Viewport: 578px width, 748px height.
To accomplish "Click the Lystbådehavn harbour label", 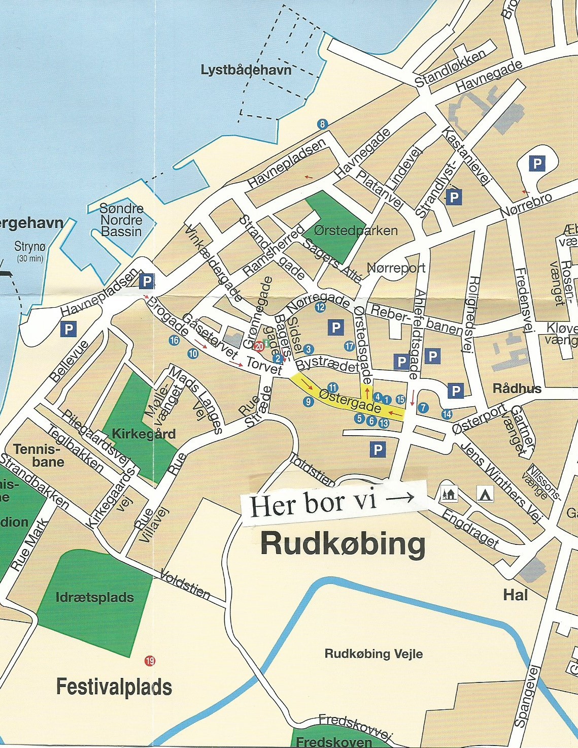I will click(x=246, y=70).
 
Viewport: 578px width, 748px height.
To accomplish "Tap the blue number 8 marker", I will click(x=322, y=124).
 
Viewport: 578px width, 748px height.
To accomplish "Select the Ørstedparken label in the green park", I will click(x=355, y=231).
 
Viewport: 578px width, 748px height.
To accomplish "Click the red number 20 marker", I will click(x=259, y=347).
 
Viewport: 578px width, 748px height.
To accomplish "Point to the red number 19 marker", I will click(x=150, y=661).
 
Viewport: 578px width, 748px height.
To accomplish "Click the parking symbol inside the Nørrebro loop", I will click(x=536, y=164).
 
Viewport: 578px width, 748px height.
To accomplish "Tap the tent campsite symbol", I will click(x=485, y=493).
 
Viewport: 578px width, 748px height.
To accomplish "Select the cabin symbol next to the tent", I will click(x=449, y=493).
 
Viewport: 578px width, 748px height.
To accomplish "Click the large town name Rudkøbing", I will click(x=343, y=544).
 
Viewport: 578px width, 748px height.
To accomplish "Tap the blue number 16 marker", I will click(x=174, y=340).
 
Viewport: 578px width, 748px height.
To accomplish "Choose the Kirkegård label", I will click(x=144, y=434).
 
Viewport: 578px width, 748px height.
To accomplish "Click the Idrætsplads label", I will click(x=95, y=597).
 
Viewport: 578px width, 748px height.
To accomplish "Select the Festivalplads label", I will click(x=114, y=687).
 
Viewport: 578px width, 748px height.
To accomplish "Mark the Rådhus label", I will click(x=517, y=388).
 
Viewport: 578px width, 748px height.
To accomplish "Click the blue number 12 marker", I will click(x=320, y=307).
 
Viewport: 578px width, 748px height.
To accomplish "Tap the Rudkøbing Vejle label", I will click(x=373, y=654).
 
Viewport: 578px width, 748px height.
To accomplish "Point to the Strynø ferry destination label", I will click(x=30, y=247).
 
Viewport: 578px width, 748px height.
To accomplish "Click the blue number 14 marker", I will click(x=447, y=414).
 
